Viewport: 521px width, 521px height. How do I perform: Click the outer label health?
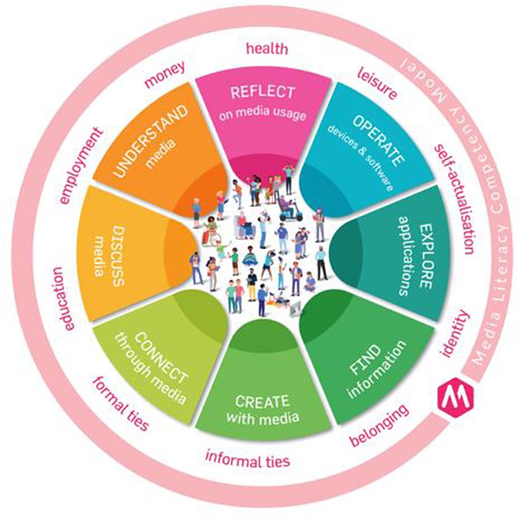[x=267, y=49]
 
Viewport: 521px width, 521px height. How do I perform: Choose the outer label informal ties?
[x=248, y=460]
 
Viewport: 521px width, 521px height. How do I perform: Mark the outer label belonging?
[x=378, y=425]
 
